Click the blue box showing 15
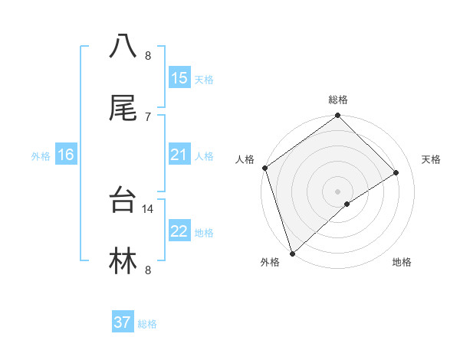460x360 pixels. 179,78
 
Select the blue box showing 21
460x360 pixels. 179,155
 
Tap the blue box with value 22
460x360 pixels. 179,231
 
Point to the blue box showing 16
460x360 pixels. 66,155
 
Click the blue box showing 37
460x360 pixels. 123,322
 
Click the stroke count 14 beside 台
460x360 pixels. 148,208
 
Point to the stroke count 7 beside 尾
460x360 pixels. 147,116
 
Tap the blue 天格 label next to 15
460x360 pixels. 203,80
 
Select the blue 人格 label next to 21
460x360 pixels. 203,156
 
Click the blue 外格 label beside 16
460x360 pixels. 41,156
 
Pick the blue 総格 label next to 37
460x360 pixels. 147,324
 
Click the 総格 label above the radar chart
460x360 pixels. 337,100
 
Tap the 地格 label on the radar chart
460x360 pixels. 402,262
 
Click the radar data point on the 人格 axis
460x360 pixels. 264,168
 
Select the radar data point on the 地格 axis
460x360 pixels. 347,204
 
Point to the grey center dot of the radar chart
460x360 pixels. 337,191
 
